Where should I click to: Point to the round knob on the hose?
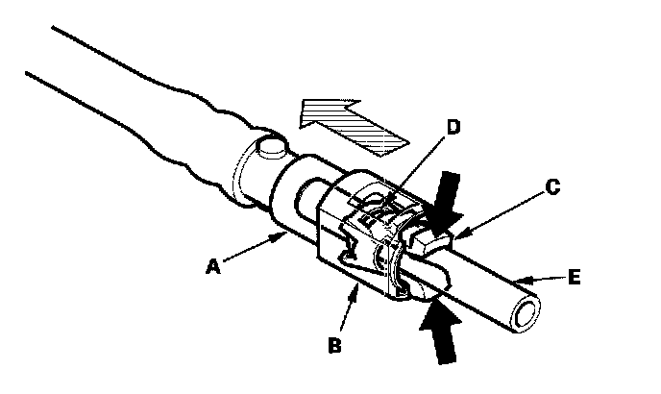[x=269, y=152]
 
